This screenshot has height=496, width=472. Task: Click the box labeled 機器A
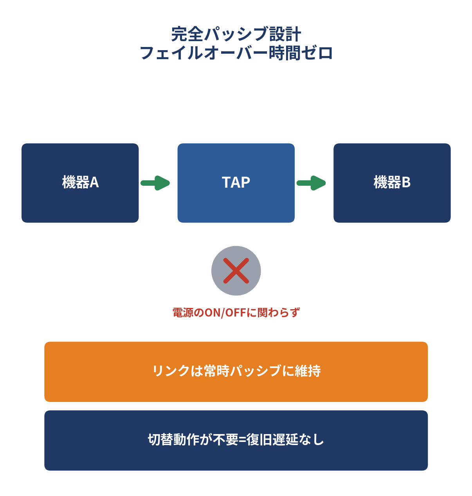coord(80,183)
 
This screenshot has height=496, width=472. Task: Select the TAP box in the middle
coord(236,183)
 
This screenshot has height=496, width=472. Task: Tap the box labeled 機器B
coord(392,183)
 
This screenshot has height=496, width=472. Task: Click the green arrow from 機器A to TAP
coord(155,183)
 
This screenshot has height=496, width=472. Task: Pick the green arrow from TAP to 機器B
coord(311,183)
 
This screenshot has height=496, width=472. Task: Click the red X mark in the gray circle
coord(236,271)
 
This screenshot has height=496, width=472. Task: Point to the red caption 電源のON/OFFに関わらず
coord(236,313)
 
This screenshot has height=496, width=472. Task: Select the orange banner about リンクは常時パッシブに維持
coord(236,372)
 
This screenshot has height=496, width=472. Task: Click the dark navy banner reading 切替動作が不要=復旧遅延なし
coord(236,440)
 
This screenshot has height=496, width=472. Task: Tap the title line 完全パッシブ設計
coord(236,34)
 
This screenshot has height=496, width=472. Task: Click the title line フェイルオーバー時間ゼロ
coord(236,53)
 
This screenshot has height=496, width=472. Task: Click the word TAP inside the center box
coord(236,182)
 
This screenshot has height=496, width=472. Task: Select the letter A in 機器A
coord(94,182)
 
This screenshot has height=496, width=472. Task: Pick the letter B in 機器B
coord(406,182)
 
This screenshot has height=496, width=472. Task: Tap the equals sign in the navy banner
coord(242,440)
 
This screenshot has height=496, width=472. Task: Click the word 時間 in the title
coord(285,53)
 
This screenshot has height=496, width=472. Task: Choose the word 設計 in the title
coord(285,34)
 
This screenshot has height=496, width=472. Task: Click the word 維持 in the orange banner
coord(308,371)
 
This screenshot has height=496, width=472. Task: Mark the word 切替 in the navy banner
coord(160,440)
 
